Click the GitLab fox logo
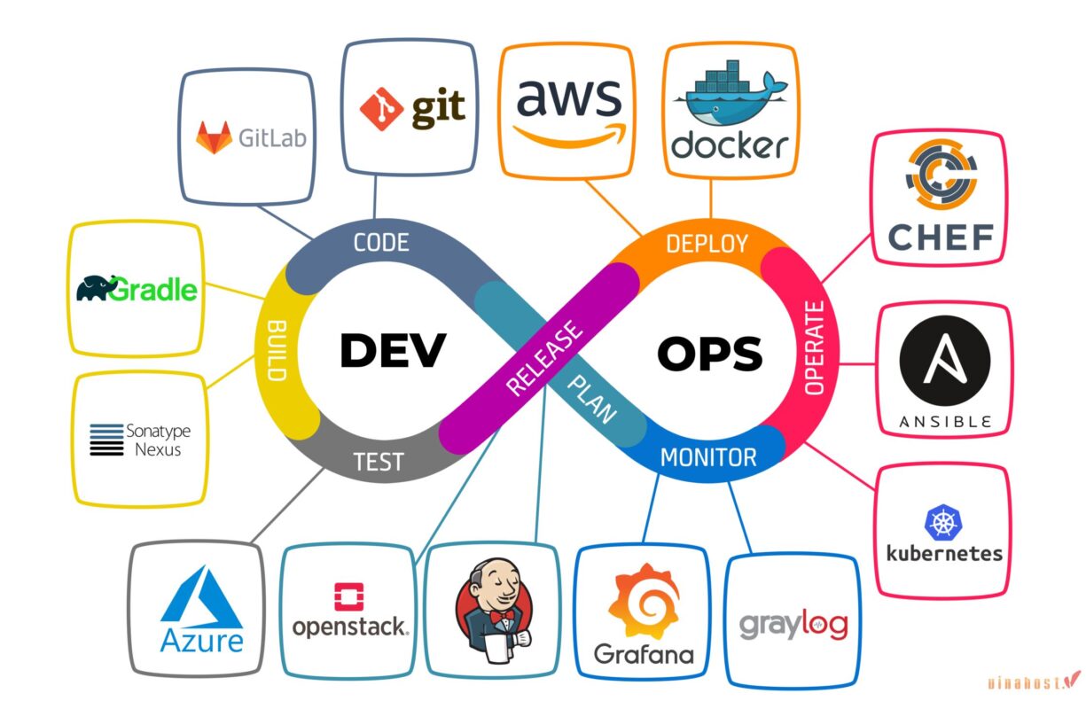pyautogui.click(x=215, y=137)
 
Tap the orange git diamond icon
pyautogui.click(x=381, y=108)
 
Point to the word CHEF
pyautogui.click(x=941, y=238)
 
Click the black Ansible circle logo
pyautogui.click(x=943, y=364)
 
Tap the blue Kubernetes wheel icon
pyautogui.click(x=943, y=522)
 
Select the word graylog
pyautogui.click(x=793, y=624)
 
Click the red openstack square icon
pyautogui.click(x=350, y=597)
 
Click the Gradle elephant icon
pyautogui.click(x=98, y=288)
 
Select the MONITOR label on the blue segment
pyautogui.click(x=708, y=457)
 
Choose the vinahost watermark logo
pyautogui.click(x=1034, y=682)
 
